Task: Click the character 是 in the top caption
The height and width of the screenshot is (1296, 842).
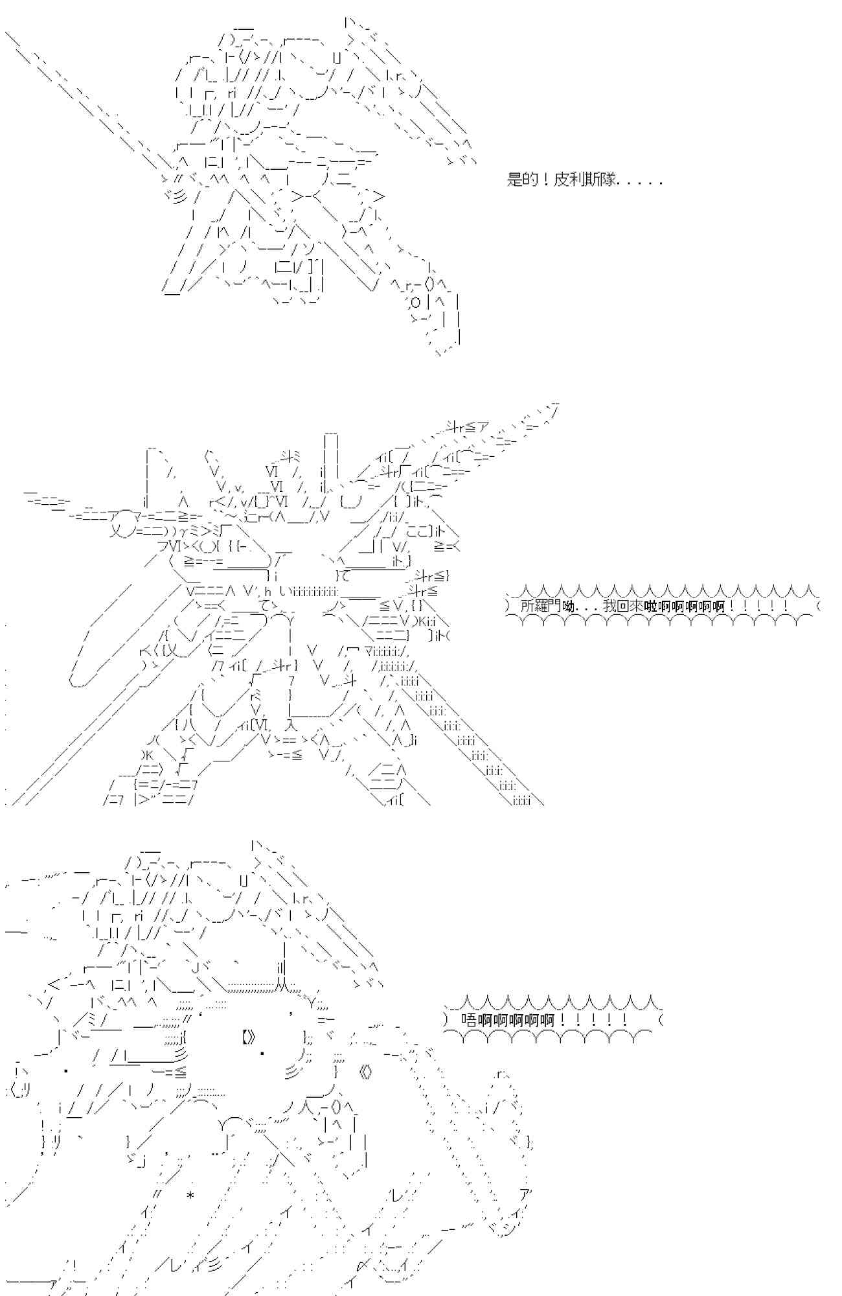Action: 514,180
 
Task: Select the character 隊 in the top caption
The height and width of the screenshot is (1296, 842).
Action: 608,180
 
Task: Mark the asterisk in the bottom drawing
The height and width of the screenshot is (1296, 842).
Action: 190,1194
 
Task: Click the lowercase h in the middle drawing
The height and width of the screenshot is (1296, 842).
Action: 268,590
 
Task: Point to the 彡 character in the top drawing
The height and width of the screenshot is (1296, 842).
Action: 177,197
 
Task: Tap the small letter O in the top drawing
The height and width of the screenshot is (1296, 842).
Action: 415,302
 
